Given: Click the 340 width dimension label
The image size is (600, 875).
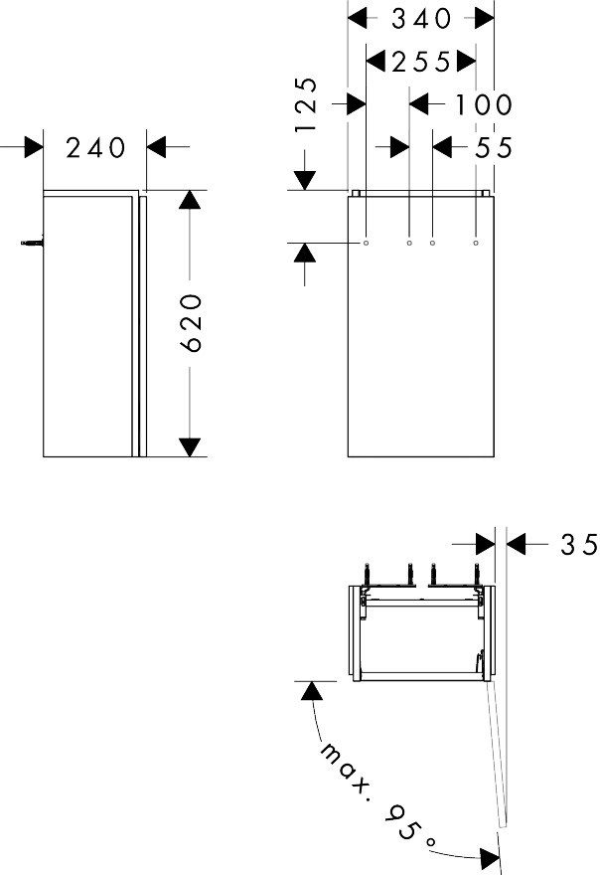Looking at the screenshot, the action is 421,19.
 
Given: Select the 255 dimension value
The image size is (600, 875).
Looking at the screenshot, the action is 421,62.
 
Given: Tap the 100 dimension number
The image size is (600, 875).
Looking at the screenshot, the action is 484,105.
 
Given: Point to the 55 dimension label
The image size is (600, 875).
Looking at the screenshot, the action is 494,148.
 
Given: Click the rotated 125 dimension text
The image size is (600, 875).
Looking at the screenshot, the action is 306,104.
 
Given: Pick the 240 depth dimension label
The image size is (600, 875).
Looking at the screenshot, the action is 95,148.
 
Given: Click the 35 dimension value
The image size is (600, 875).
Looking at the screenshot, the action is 579,545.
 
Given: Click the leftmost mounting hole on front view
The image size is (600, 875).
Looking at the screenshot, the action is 366,243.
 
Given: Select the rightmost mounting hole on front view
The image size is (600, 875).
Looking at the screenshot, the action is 476,243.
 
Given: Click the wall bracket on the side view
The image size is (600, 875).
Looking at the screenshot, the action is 33,243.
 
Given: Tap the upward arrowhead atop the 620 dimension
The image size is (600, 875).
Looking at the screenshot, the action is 190,200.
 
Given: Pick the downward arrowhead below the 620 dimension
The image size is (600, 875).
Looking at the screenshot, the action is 190,447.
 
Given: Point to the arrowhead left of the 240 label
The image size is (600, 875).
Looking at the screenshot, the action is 34,147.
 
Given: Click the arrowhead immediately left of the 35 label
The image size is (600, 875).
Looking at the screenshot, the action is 516,544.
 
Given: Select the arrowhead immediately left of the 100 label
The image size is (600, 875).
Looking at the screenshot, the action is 419,103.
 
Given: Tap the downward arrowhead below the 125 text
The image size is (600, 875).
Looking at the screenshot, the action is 305,181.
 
